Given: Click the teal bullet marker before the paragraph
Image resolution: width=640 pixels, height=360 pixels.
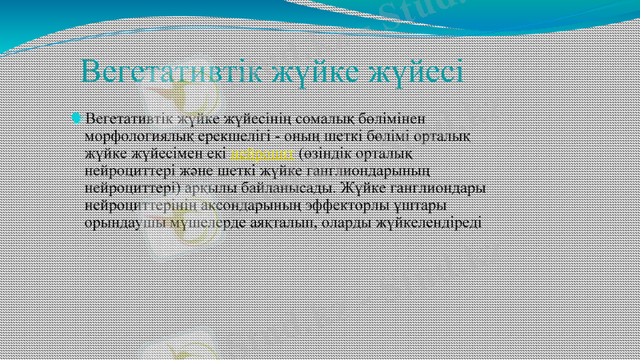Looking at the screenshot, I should click(76, 118).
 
